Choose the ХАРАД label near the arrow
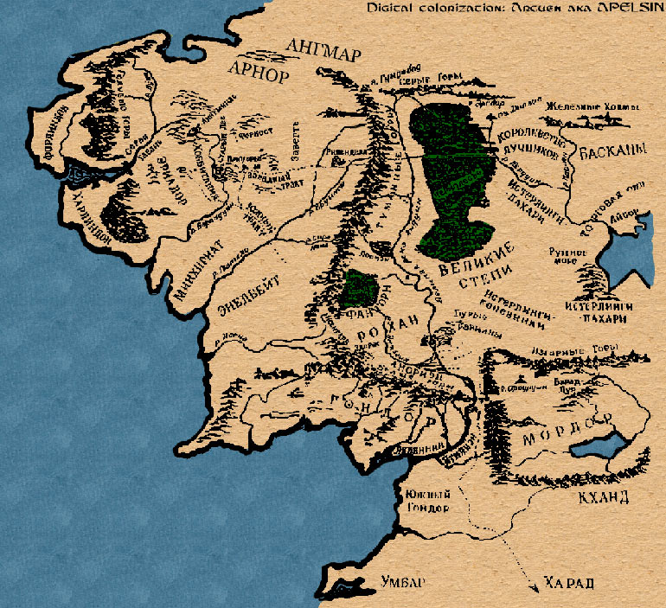coord(569,584)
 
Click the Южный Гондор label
coord(424,501)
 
